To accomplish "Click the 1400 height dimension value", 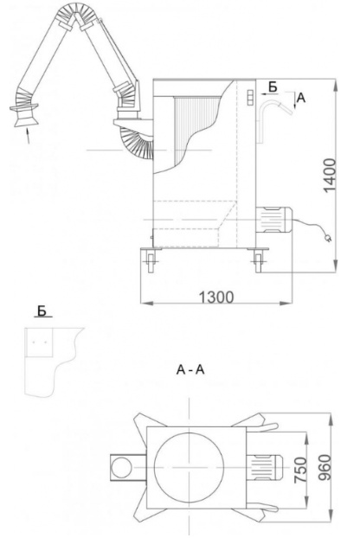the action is (x=330, y=176).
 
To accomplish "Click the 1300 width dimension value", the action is (x=216, y=298).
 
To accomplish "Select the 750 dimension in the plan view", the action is (x=300, y=470).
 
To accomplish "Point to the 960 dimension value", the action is (x=325, y=468).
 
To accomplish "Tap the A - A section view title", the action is (x=190, y=370).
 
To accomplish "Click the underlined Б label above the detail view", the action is (x=42, y=311).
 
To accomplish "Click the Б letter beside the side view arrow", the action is (x=273, y=87).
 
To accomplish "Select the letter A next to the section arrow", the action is (x=300, y=98).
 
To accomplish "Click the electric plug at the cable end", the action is (x=328, y=238).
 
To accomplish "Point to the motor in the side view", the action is (x=273, y=220).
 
